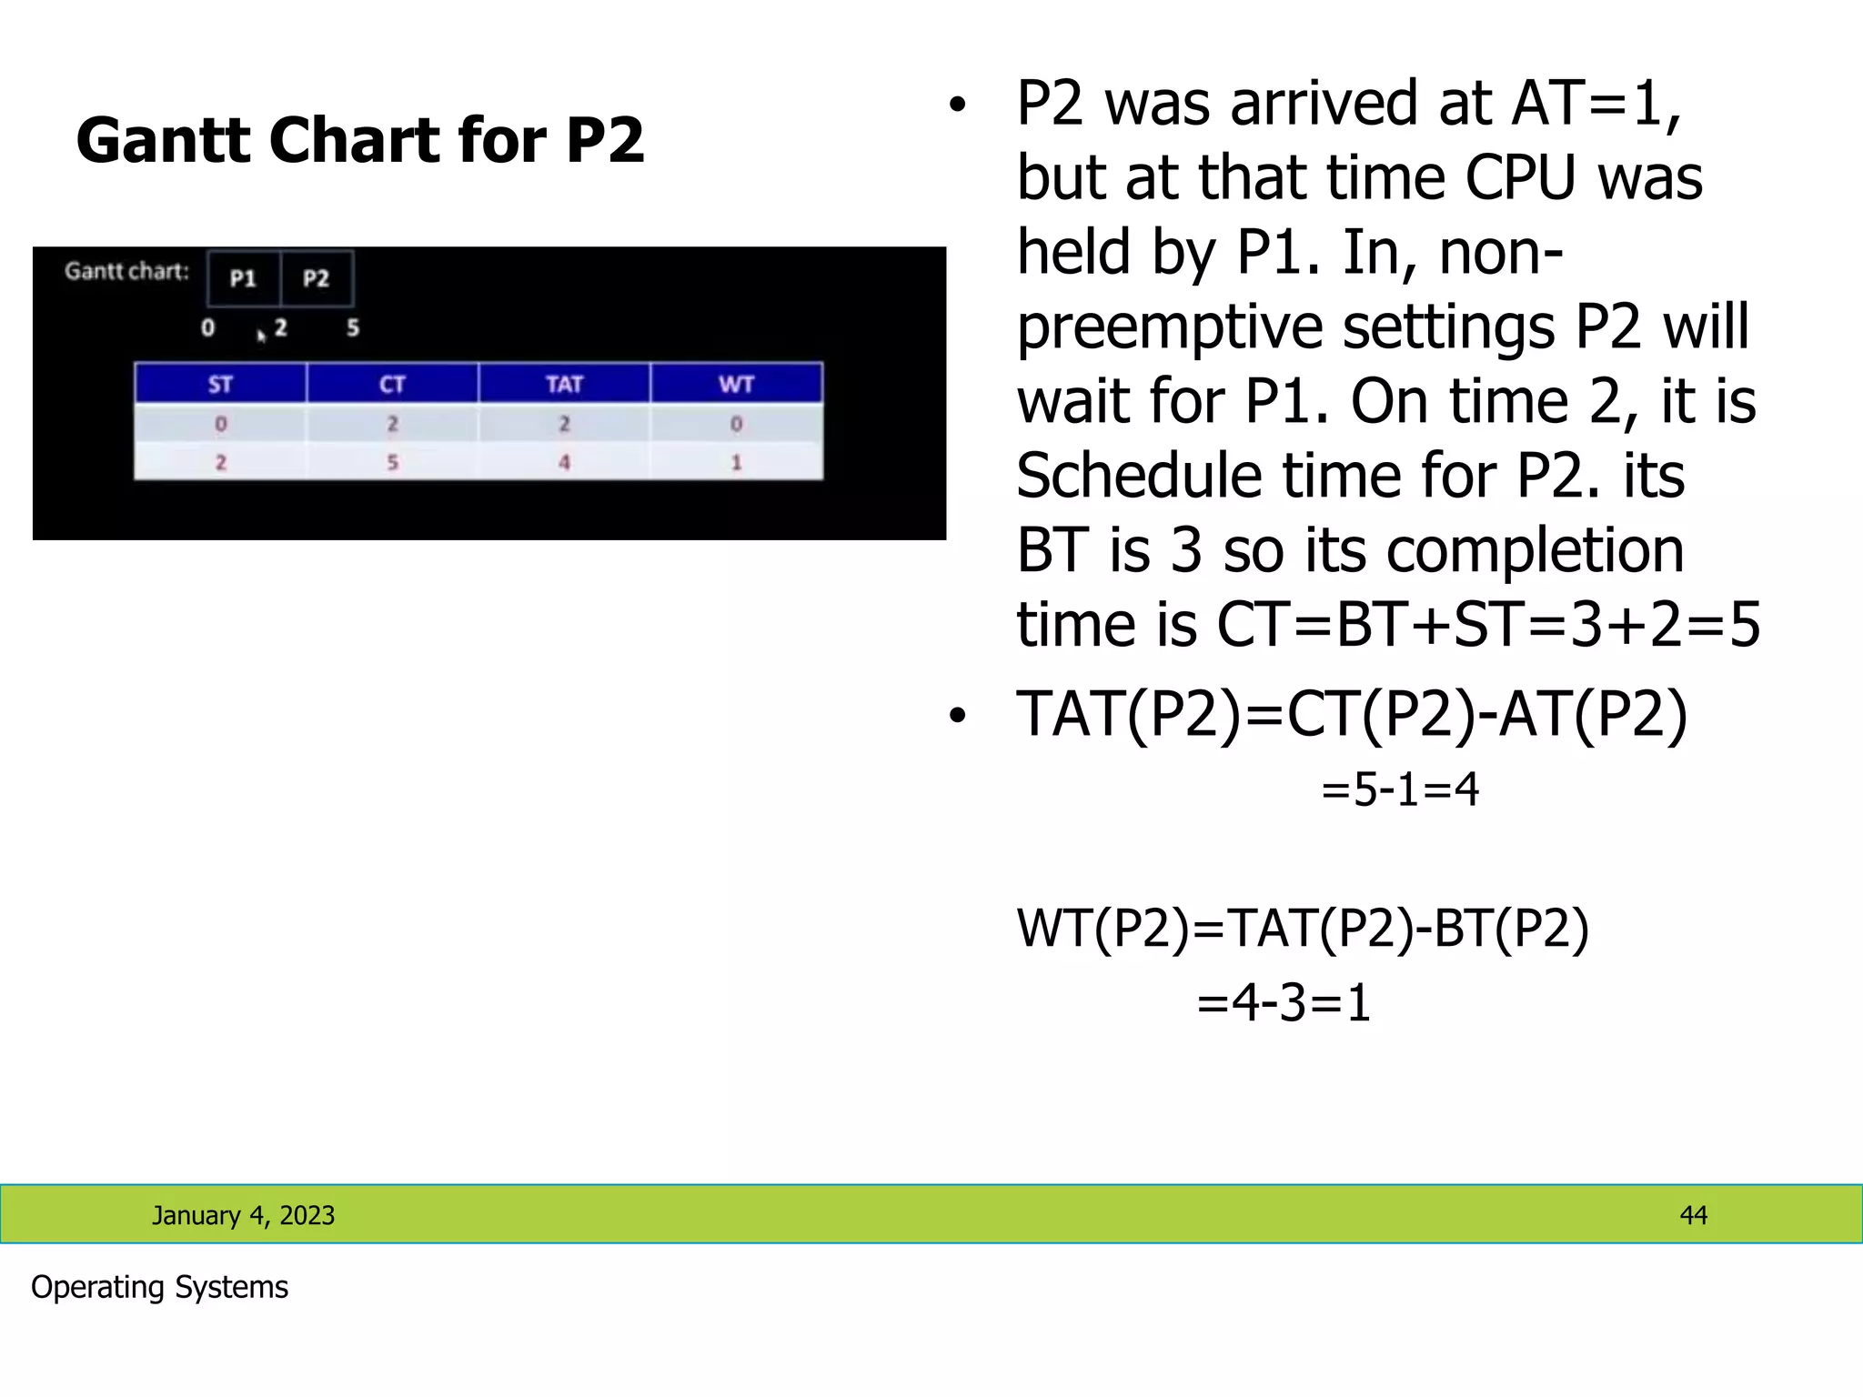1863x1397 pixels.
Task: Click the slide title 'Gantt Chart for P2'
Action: point(360,141)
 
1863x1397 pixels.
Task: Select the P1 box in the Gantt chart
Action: point(243,278)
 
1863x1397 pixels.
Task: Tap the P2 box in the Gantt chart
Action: point(316,278)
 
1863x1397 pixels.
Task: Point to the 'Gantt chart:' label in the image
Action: point(126,271)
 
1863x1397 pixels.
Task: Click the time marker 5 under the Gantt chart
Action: point(353,327)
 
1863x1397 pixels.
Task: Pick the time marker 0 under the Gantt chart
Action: point(208,327)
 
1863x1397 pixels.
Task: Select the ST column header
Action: point(220,384)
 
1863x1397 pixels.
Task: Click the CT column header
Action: point(392,384)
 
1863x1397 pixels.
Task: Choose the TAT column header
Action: point(564,384)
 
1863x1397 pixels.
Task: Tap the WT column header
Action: point(736,384)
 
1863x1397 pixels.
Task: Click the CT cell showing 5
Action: point(392,462)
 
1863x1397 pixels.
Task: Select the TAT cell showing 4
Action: point(564,462)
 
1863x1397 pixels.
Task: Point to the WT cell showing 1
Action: point(736,462)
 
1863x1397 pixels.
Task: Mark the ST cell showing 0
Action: point(220,424)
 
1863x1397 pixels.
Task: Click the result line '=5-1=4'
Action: point(1400,789)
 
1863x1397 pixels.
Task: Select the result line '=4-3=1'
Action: point(1284,1003)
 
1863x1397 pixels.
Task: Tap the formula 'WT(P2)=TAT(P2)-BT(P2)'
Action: point(1303,929)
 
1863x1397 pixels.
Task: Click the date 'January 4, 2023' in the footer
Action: point(243,1215)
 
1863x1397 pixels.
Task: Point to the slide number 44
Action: point(1693,1215)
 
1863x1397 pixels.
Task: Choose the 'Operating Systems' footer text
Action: point(159,1287)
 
